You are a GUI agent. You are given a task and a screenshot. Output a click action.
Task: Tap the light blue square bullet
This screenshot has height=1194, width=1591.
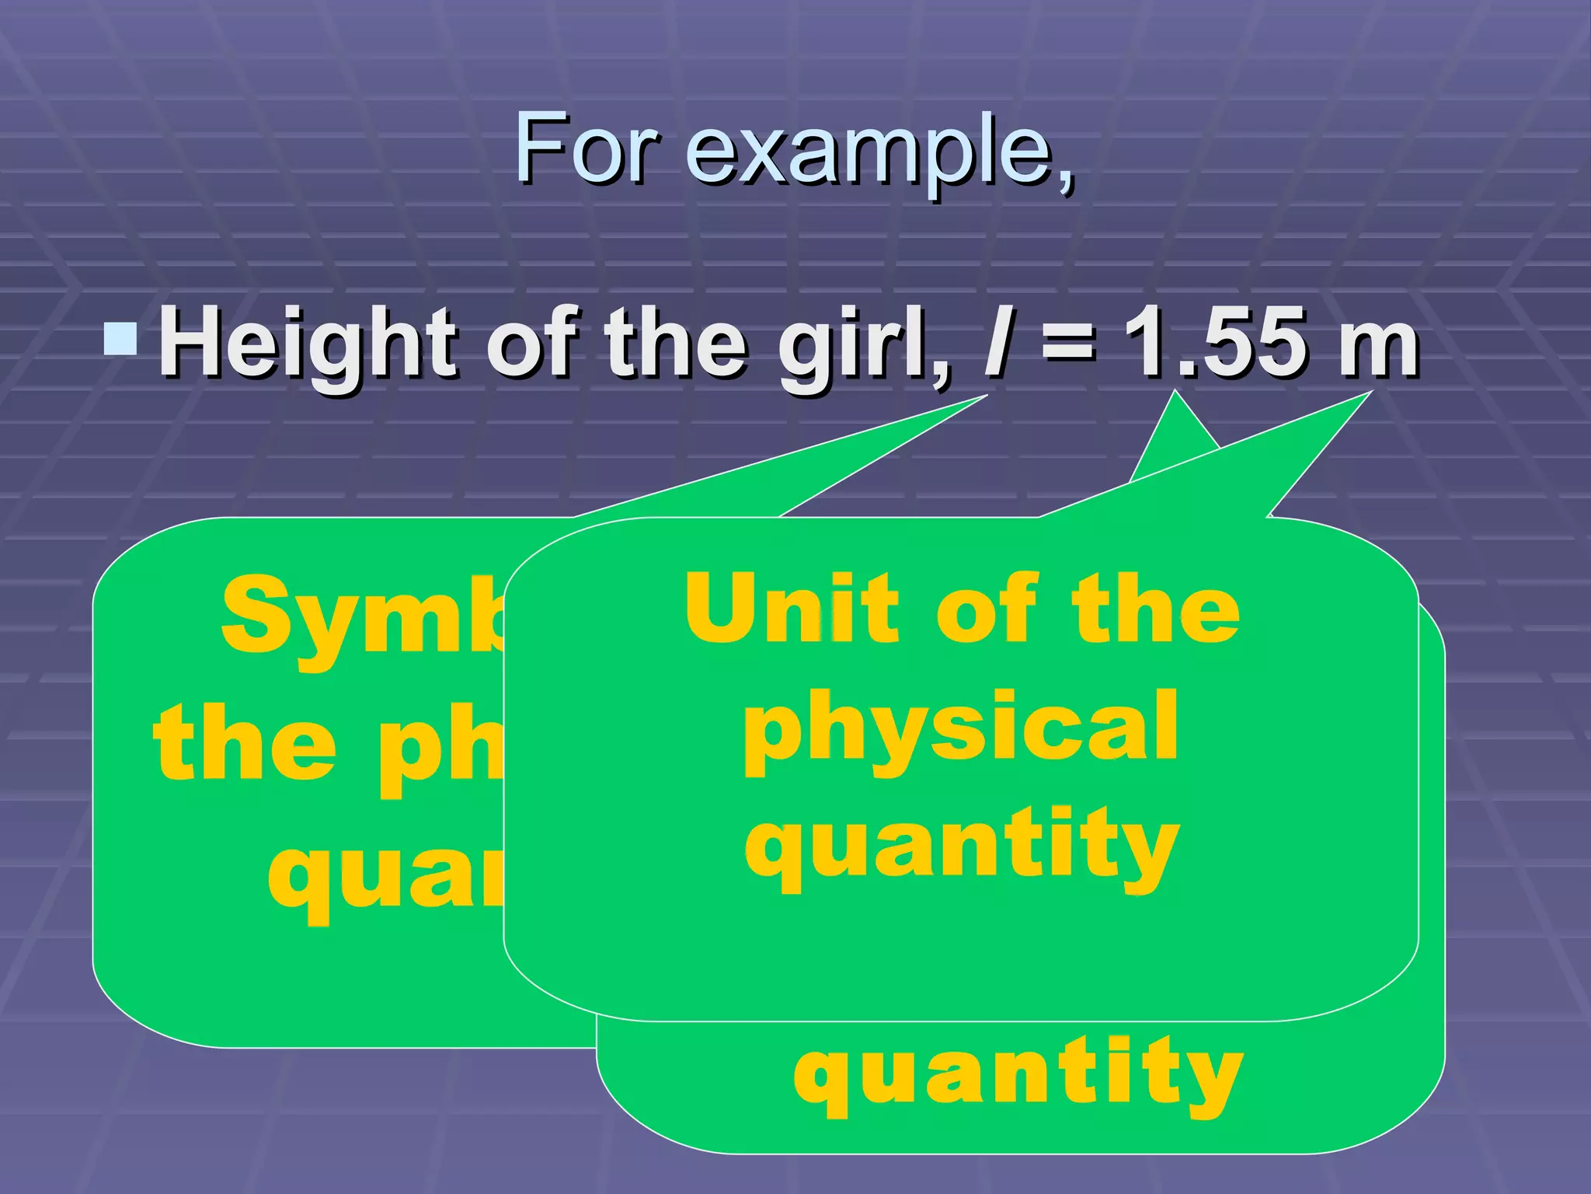[121, 340]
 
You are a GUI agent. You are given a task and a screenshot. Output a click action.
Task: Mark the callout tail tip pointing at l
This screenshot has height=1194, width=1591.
[985, 396]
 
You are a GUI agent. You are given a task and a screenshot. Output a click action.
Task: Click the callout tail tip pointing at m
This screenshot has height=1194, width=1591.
[1369, 393]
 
